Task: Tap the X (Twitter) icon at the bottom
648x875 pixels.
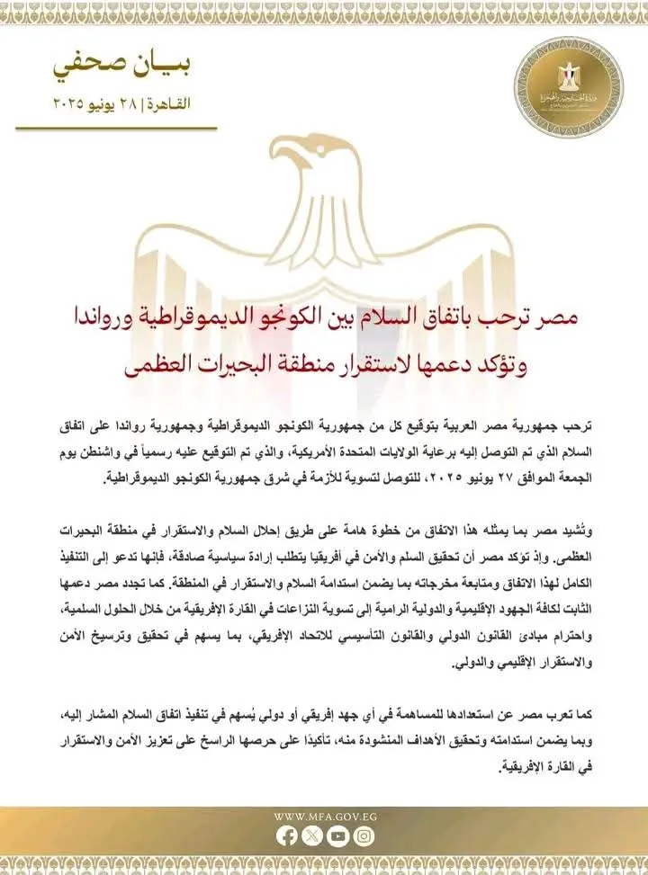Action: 312,836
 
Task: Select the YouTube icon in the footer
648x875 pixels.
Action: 337,836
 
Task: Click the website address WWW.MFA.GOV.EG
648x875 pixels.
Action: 324,817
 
